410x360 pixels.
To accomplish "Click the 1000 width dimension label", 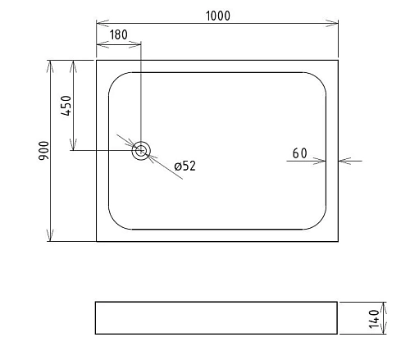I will (218, 14).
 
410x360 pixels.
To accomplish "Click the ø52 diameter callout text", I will (184, 166).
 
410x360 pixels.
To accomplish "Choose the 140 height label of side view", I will (374, 317).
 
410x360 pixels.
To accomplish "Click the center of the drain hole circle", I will (142, 150).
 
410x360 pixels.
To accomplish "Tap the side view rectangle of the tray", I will (216, 317).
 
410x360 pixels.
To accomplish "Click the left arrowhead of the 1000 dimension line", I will (100, 23).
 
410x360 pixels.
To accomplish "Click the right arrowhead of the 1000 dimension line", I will (334, 23).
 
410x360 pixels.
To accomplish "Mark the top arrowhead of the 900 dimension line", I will (52, 63).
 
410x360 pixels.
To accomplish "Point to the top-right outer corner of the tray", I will (338, 60).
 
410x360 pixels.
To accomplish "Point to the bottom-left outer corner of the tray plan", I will (97, 241).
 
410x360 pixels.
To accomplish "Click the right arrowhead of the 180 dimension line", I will (138, 44).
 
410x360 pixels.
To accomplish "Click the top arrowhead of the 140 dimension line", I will (383, 304).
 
